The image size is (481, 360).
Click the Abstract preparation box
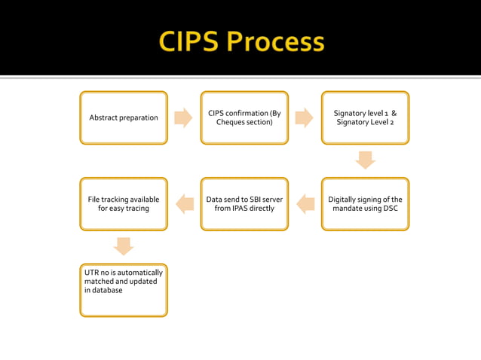tap(124, 117)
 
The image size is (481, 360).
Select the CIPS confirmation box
tap(244, 117)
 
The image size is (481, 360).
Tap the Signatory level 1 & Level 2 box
tap(365, 117)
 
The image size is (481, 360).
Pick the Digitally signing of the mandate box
tap(365, 203)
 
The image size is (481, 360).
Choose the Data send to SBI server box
tap(244, 203)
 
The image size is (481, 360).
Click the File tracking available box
tap(124, 203)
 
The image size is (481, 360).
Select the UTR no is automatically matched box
tap(124, 290)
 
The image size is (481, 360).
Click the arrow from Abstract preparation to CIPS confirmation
tap(183, 117)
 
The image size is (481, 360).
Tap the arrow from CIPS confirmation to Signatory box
tap(304, 117)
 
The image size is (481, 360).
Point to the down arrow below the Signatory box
tap(365, 160)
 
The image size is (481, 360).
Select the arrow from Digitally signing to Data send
tap(305, 203)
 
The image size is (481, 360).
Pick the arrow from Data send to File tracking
tap(185, 203)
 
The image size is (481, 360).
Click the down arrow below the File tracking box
tap(124, 246)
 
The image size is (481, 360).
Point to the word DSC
tap(390, 209)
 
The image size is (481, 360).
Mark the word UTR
tap(91, 273)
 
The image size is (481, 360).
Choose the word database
tap(107, 290)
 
